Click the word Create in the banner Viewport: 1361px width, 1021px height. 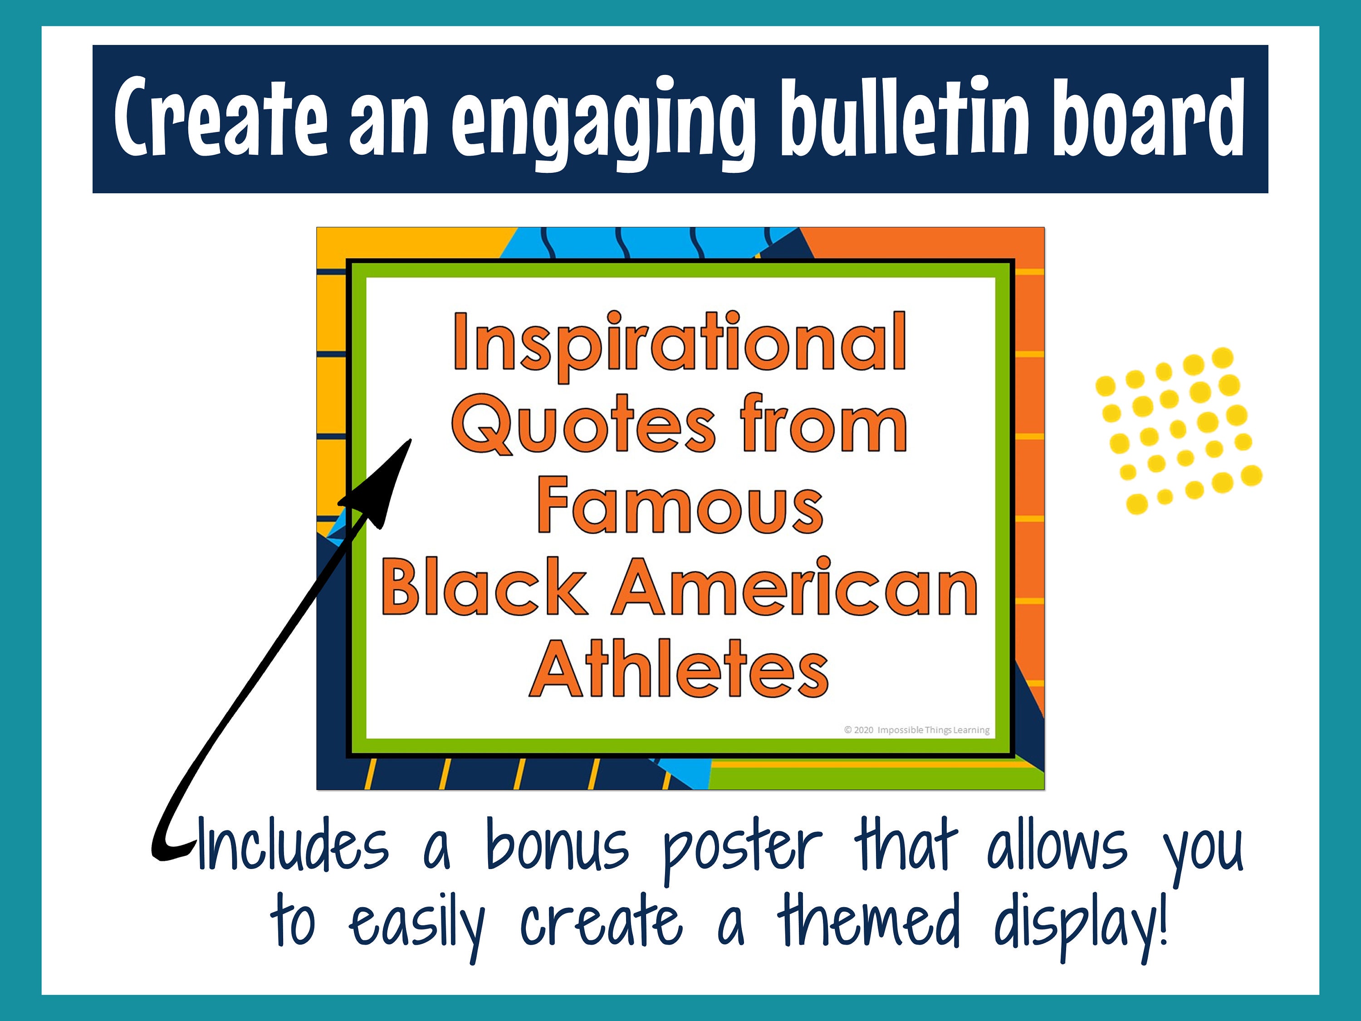point(220,117)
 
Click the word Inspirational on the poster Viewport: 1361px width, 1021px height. point(680,342)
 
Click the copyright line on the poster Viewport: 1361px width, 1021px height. point(917,730)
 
